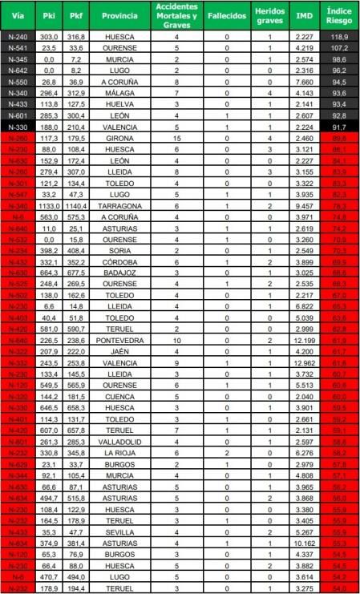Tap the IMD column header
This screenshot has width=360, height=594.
coord(304,16)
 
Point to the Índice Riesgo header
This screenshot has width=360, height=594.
coord(340,16)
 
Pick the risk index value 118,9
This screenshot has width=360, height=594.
coord(340,37)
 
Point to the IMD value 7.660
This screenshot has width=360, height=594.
coord(304,82)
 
